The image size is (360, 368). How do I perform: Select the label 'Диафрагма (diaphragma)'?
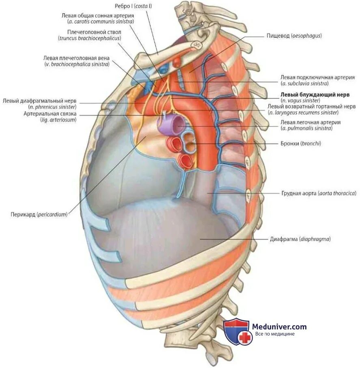[x=300, y=239]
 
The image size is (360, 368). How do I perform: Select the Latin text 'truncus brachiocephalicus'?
[x=90, y=38]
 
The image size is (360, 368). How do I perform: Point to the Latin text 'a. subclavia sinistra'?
[x=304, y=83]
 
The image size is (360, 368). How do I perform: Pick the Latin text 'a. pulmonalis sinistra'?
[x=306, y=128]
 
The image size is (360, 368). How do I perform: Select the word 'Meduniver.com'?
[x=279, y=327]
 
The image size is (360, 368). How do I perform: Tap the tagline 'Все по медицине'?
[x=274, y=334]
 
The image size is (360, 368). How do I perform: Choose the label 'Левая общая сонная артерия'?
[x=97, y=15]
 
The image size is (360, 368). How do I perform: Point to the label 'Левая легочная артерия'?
[x=310, y=122]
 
